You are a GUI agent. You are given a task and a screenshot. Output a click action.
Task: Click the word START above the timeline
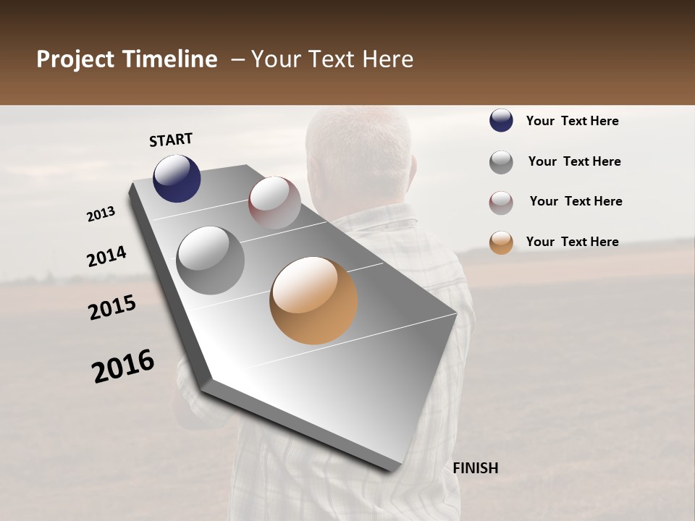coord(171,140)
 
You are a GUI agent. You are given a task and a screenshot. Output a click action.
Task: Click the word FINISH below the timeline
coord(475,468)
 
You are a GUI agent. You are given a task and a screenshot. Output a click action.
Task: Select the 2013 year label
coord(101,214)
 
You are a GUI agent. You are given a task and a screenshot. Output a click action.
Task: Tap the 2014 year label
coord(106,257)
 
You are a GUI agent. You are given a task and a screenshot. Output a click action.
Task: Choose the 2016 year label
coord(123,366)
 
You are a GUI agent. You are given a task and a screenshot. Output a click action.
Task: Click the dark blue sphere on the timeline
coord(177,178)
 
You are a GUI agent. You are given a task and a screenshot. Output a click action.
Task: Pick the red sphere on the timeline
coord(274,203)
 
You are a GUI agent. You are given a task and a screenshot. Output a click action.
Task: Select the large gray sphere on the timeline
coord(211,260)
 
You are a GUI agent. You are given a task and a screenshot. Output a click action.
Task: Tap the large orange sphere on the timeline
coord(313,300)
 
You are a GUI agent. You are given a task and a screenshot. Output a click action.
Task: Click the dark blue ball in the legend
coord(501,121)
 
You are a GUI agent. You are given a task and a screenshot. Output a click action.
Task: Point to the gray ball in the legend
coord(501,162)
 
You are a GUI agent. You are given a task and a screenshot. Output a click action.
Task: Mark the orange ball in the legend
coord(501,242)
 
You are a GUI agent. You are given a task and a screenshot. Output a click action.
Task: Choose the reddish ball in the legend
coord(501,203)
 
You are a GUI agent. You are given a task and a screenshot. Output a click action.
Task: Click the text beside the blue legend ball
coord(572,121)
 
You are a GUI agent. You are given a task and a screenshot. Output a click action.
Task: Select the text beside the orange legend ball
coord(572,242)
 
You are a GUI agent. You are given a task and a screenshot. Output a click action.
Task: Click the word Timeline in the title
coord(170,59)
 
